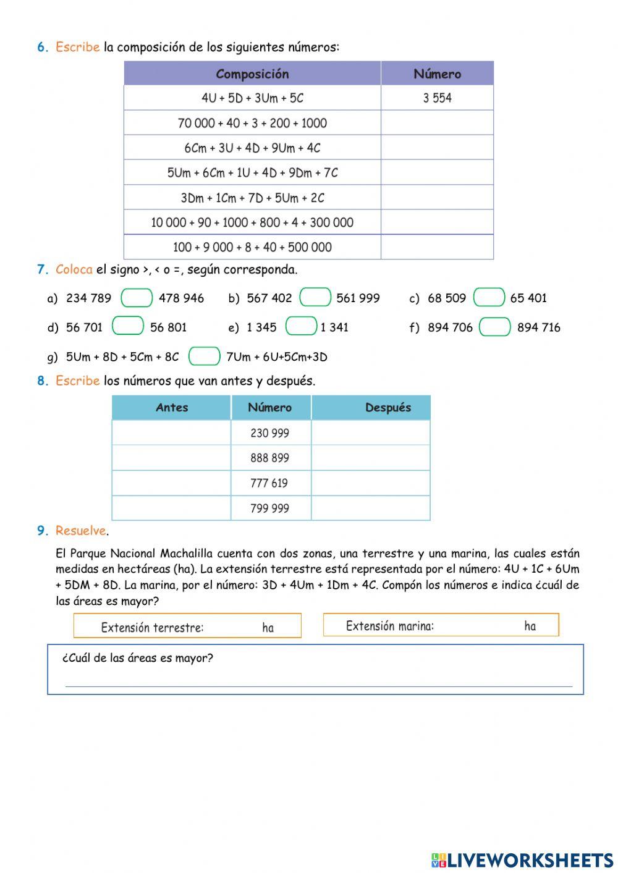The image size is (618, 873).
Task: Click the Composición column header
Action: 252,74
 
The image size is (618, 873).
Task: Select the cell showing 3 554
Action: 437,98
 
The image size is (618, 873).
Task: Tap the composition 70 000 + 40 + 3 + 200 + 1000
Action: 252,123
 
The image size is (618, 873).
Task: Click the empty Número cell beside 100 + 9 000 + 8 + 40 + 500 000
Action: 437,247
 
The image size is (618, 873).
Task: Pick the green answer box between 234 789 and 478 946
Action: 137,298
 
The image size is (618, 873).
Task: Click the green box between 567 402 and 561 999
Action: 315,297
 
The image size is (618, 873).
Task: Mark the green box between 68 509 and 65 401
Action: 489,297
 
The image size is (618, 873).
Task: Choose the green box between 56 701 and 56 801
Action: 128,326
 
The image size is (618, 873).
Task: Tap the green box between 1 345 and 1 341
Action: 302,326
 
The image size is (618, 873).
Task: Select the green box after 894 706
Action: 495,327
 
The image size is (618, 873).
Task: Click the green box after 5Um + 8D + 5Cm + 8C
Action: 205,356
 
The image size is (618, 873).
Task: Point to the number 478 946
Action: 181,298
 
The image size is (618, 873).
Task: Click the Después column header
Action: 387,408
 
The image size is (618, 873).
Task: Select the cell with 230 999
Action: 270,433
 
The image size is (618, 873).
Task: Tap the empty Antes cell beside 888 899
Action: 171,458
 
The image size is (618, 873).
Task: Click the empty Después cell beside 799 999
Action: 370,508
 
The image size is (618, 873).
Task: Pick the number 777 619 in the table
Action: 269,483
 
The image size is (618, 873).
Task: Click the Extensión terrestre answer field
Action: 232,627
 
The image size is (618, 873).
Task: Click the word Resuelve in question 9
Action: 80,531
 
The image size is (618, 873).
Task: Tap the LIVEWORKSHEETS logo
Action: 522,860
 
